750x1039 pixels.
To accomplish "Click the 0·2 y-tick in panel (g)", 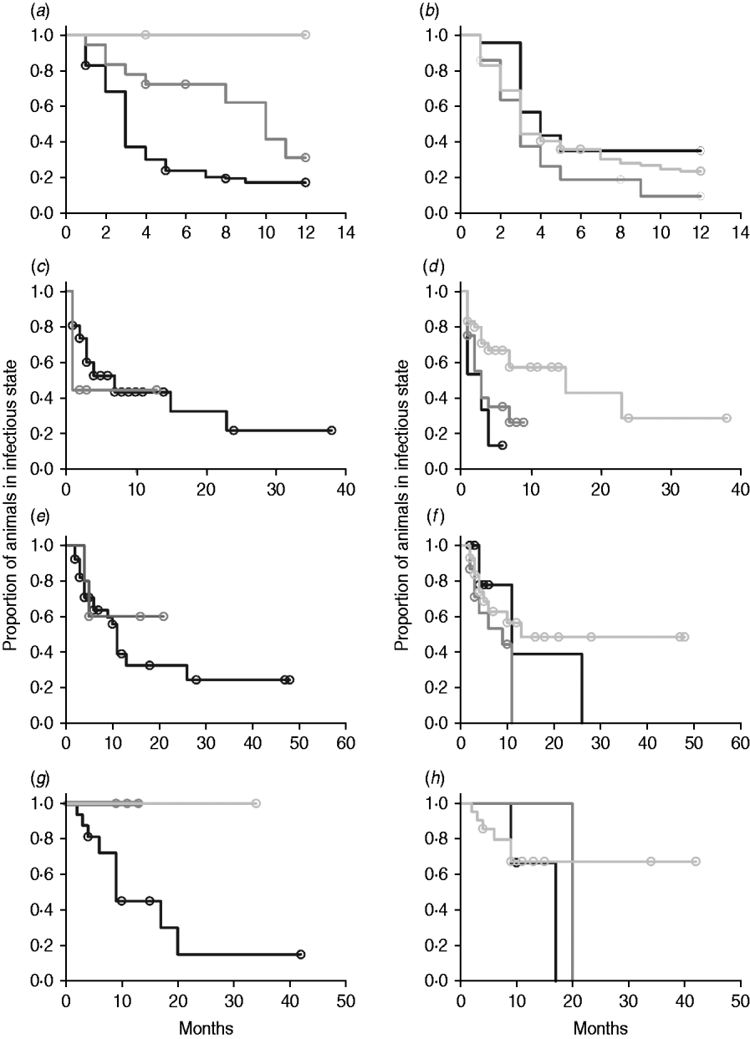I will (x=43, y=946).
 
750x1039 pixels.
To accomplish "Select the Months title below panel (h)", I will (x=600, y=1025).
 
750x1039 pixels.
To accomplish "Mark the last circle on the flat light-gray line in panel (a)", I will (x=306, y=34).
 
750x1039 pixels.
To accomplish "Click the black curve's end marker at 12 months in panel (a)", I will (x=306, y=182).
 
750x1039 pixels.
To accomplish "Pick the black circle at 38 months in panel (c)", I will (x=332, y=430).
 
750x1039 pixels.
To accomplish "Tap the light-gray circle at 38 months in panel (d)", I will (x=727, y=418).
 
